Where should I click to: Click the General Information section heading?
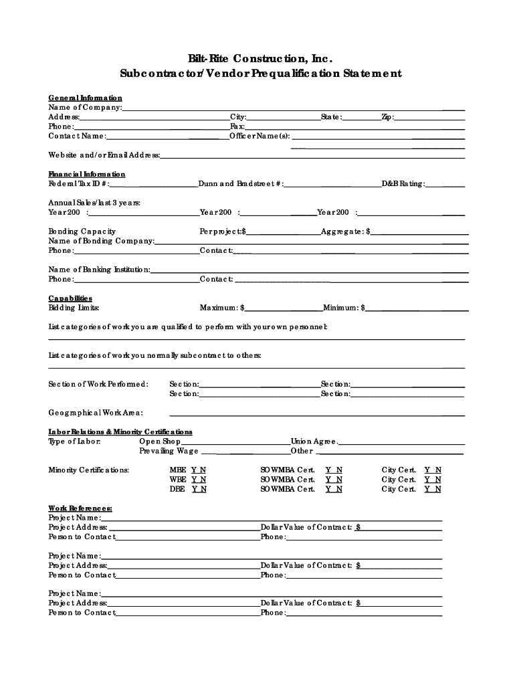point(85,98)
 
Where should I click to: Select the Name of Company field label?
point(85,107)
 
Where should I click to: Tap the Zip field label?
point(388,117)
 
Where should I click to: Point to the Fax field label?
point(237,126)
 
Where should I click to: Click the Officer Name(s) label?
point(260,136)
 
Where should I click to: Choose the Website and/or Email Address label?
point(104,155)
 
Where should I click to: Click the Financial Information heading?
point(86,174)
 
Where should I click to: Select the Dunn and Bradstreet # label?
point(241,183)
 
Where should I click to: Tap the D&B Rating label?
point(403,183)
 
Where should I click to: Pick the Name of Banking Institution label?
point(100,270)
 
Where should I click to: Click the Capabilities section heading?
point(70,298)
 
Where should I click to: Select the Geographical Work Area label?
point(96,413)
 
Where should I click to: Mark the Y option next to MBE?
point(194,470)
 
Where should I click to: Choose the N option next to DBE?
point(203,489)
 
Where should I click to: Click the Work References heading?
point(80,508)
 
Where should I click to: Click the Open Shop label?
point(160,442)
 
